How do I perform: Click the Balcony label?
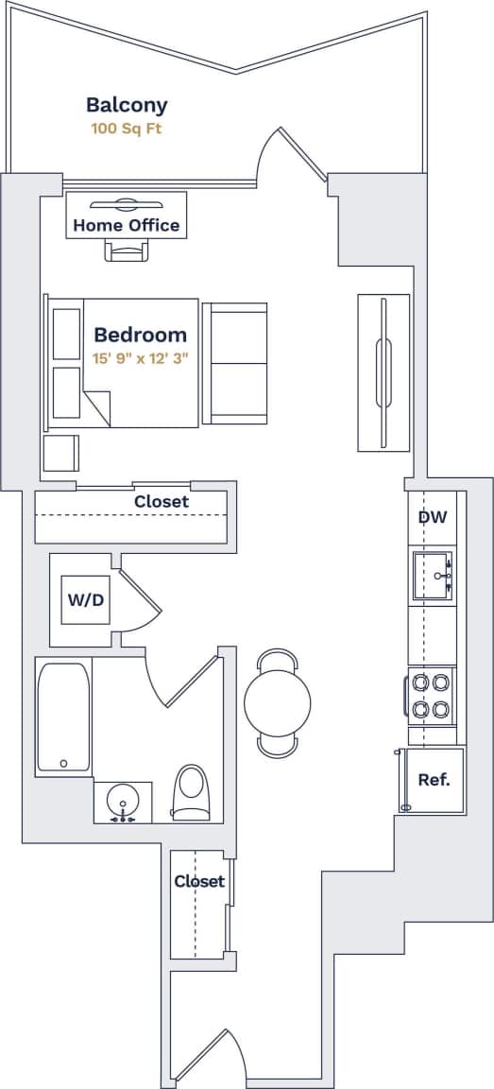pyautogui.click(x=127, y=105)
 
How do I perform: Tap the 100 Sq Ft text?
pyautogui.click(x=127, y=129)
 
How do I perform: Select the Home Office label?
pyautogui.click(x=126, y=225)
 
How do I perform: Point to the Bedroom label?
pyautogui.click(x=140, y=335)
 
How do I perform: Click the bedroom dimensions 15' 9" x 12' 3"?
pyautogui.click(x=143, y=358)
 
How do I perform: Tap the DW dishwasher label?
pyautogui.click(x=432, y=517)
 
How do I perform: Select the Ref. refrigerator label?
pyautogui.click(x=434, y=780)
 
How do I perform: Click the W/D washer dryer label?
pyautogui.click(x=85, y=599)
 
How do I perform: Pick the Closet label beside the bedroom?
pyautogui.click(x=161, y=502)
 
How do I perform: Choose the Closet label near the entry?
pyautogui.click(x=199, y=881)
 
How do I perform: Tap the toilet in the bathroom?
pyautogui.click(x=191, y=791)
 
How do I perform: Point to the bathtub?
pyautogui.click(x=63, y=717)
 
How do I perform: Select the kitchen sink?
pyautogui.click(x=432, y=575)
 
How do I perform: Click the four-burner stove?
pyautogui.click(x=432, y=695)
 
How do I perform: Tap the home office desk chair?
pyautogui.click(x=127, y=250)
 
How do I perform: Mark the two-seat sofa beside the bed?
pyautogui.click(x=235, y=363)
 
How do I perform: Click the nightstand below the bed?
pyautogui.click(x=61, y=452)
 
